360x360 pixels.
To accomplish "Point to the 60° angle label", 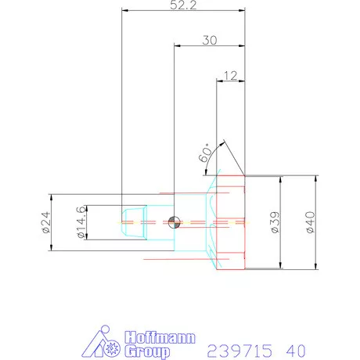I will pos(206,153).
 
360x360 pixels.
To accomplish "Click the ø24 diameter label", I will pos(45,223).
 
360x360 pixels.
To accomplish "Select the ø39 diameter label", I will pos(274,222).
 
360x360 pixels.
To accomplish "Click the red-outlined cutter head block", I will pos(229,222).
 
